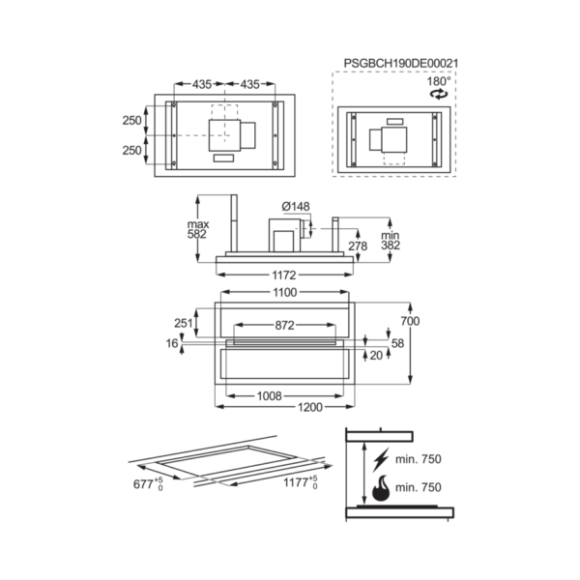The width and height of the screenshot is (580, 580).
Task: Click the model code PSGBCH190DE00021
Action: [x=401, y=63]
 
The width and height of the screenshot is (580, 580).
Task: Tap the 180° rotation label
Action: [x=439, y=81]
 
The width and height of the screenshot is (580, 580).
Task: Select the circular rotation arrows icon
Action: [x=439, y=94]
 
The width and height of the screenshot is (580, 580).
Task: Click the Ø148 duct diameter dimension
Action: [x=296, y=207]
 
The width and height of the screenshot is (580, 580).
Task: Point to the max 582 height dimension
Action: [x=198, y=229]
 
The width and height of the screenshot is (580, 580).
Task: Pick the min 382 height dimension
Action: [x=391, y=240]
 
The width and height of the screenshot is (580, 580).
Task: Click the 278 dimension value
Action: [x=358, y=246]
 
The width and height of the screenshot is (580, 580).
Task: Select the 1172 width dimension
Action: [x=284, y=275]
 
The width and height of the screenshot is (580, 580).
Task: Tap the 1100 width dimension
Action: [x=285, y=293]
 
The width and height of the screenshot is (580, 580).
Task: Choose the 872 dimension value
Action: [x=284, y=326]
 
